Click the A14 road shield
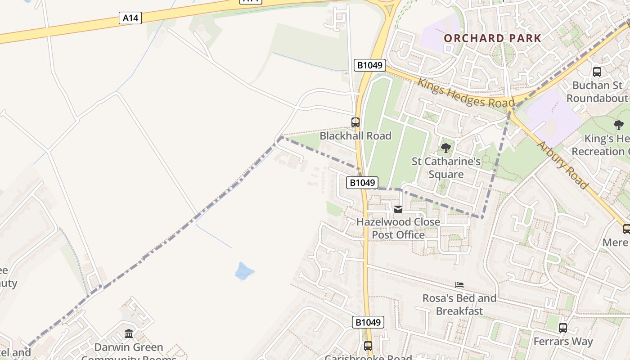tap(130, 18)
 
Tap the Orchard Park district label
tap(492, 38)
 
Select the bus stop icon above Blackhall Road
tap(355, 122)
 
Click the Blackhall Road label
tap(355, 136)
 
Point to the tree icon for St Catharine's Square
tap(445, 148)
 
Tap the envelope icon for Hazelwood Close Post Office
tap(398, 209)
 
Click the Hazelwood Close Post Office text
tap(398, 228)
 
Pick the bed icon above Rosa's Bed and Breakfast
tap(459, 285)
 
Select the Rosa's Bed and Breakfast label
tap(459, 304)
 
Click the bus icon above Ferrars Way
tap(563, 328)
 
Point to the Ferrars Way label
tap(563, 342)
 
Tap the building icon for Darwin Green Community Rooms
tap(129, 334)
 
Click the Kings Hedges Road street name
tap(465, 94)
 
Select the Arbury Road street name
tap(562, 165)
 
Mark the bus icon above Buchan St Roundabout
tap(597, 72)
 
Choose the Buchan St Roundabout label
tap(597, 92)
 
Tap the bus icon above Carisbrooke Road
tap(368, 346)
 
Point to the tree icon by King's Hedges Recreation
tap(619, 125)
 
